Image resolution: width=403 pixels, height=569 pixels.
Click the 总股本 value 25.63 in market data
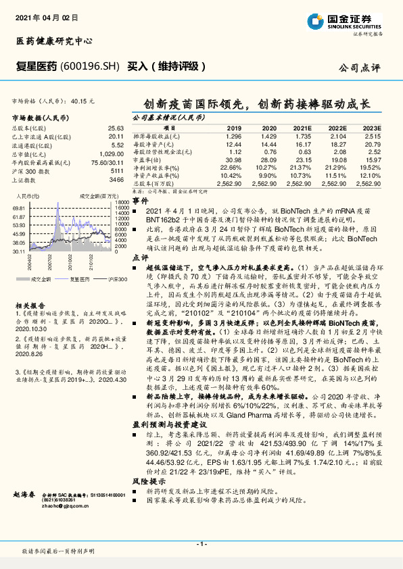pyautogui.click(x=116, y=128)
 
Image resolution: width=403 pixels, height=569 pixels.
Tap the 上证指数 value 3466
pyautogui.click(x=116, y=180)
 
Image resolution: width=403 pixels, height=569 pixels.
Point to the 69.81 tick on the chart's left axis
pyautogui.click(x=19, y=208)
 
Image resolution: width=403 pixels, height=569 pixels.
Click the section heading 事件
pyautogui.click(x=139, y=201)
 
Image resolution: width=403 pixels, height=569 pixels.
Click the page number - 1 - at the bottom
pyautogui.click(x=201, y=543)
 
